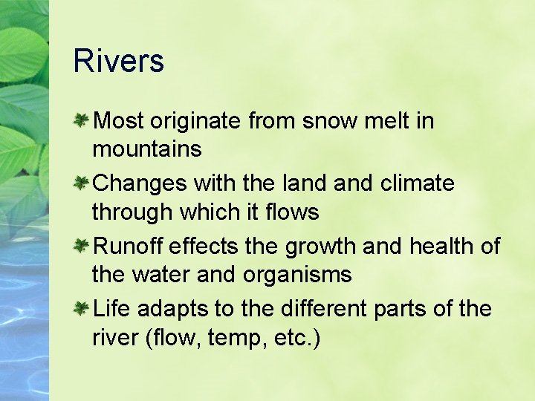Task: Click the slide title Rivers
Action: [118, 61]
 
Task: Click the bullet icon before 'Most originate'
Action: [82, 120]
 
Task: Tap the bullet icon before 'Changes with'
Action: [82, 182]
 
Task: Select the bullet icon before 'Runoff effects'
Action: [82, 245]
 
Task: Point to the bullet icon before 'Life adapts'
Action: [82, 307]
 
